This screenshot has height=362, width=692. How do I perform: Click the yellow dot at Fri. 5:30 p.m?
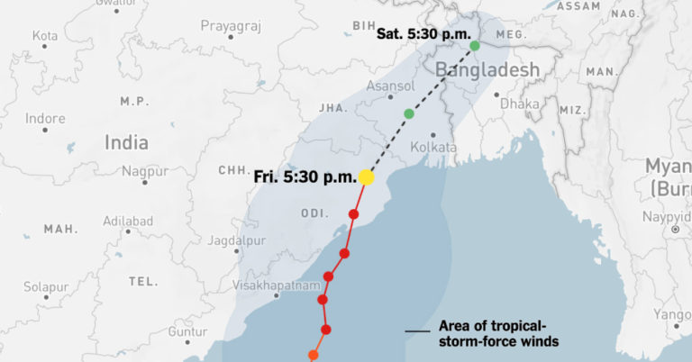point(367,177)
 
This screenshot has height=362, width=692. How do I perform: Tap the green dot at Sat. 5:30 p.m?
point(475,45)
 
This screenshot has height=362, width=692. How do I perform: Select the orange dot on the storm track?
point(314,355)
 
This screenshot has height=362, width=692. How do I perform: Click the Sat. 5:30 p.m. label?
point(423,34)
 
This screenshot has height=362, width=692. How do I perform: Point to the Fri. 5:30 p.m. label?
point(305,176)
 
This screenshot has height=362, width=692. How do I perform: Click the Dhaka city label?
point(520,104)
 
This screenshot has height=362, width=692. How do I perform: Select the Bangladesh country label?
point(487,69)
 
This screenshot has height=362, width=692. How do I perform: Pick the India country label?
point(126,141)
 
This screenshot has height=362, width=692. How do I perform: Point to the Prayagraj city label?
point(230,26)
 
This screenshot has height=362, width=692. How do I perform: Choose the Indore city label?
point(45,118)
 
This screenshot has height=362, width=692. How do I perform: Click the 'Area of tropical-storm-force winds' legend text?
point(498,333)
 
